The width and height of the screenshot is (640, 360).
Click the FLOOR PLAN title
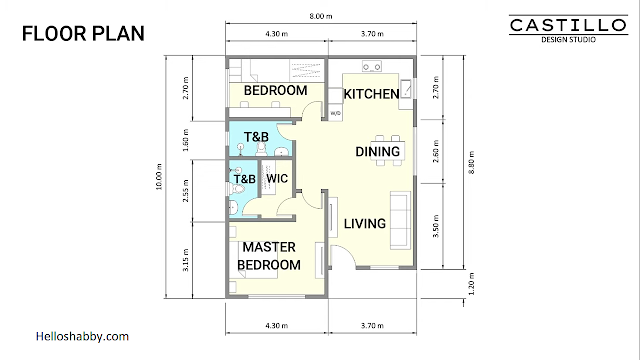tap(83, 33)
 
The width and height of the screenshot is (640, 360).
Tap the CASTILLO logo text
tap(568, 25)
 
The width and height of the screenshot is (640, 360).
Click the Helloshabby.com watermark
tap(82, 336)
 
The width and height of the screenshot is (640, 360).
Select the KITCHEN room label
tap(371, 94)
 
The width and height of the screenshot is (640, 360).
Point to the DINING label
tap(378, 152)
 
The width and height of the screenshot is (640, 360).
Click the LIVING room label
tap(364, 224)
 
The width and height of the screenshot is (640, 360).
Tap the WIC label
tap(277, 178)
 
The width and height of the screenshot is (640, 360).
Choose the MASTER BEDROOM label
tap(269, 256)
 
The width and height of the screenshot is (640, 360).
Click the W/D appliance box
tap(336, 113)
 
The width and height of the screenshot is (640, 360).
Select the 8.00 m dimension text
tap(321, 16)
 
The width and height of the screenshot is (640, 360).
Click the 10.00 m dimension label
tap(159, 176)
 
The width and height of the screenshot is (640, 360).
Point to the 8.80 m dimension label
tap(472, 162)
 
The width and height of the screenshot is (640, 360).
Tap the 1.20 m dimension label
tap(472, 284)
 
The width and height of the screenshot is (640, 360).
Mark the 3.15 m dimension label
tap(186, 260)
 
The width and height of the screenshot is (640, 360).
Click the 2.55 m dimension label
tap(186, 191)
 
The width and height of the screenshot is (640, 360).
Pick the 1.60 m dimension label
tap(186, 140)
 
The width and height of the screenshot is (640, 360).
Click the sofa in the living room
tap(400, 220)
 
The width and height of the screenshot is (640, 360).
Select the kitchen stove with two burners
tap(372, 66)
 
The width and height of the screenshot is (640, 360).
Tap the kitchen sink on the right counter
tap(406, 89)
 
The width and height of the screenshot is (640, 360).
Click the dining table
tap(388, 150)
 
